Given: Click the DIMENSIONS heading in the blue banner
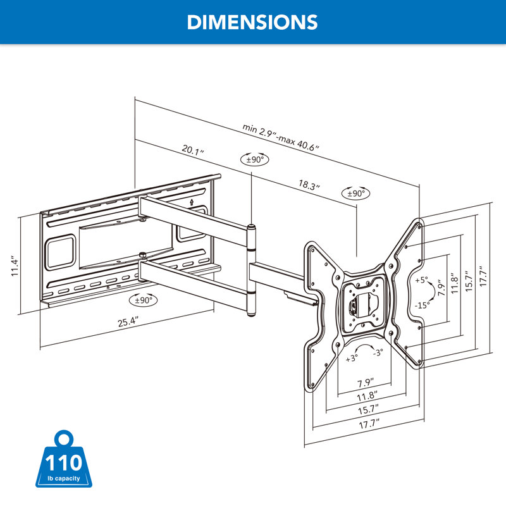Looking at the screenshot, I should coord(252,22).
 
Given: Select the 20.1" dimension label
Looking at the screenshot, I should coord(193,150).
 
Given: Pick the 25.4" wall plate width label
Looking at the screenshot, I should coord(127,321).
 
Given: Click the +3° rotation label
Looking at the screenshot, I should coord(352,357).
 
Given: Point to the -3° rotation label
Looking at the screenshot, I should coord(377,352).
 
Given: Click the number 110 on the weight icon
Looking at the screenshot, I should coord(62,461).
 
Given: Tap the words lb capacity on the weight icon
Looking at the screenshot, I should coord(62,478).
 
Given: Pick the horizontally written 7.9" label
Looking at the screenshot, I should coord(364,383).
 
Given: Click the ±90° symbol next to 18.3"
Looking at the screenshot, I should coord(357,194).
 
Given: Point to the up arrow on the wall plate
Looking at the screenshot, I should coord(192,202).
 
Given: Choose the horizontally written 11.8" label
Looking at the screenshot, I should coord(364,397).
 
